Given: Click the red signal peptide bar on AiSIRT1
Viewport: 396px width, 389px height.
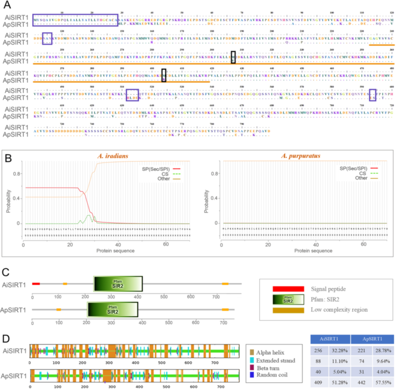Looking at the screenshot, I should [x=36, y=284].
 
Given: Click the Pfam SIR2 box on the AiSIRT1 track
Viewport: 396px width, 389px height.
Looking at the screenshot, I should [x=118, y=284].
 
